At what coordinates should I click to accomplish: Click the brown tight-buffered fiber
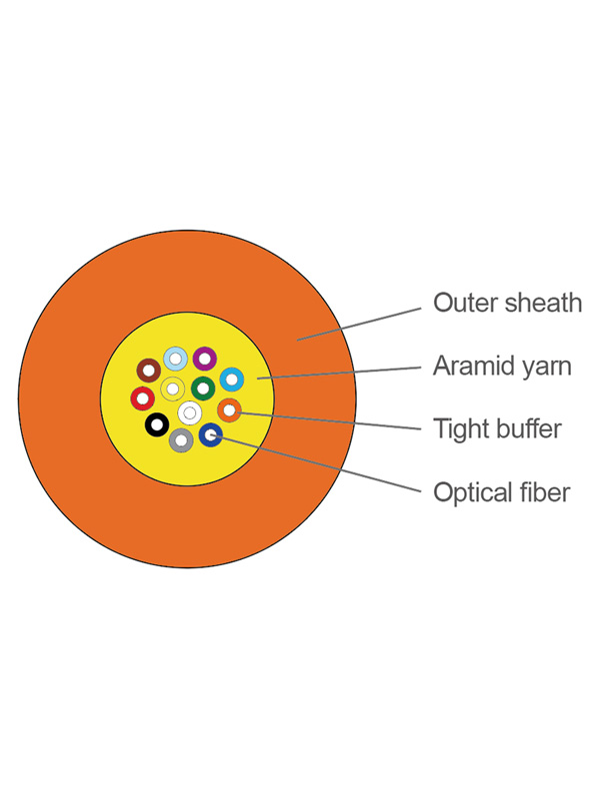click(x=149, y=371)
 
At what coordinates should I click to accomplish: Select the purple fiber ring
click(x=205, y=359)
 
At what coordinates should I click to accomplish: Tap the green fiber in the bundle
click(x=203, y=387)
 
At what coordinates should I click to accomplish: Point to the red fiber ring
click(x=143, y=399)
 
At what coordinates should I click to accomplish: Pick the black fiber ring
click(x=157, y=425)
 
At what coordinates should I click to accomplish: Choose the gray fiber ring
click(x=182, y=439)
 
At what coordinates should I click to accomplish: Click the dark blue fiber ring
click(x=211, y=434)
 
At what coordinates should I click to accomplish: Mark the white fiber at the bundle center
click(x=189, y=412)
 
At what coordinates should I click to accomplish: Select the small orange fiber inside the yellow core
click(x=229, y=409)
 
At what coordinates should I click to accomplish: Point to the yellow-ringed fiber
click(x=173, y=389)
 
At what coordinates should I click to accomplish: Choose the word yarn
click(x=546, y=366)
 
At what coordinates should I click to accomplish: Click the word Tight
click(x=457, y=429)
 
